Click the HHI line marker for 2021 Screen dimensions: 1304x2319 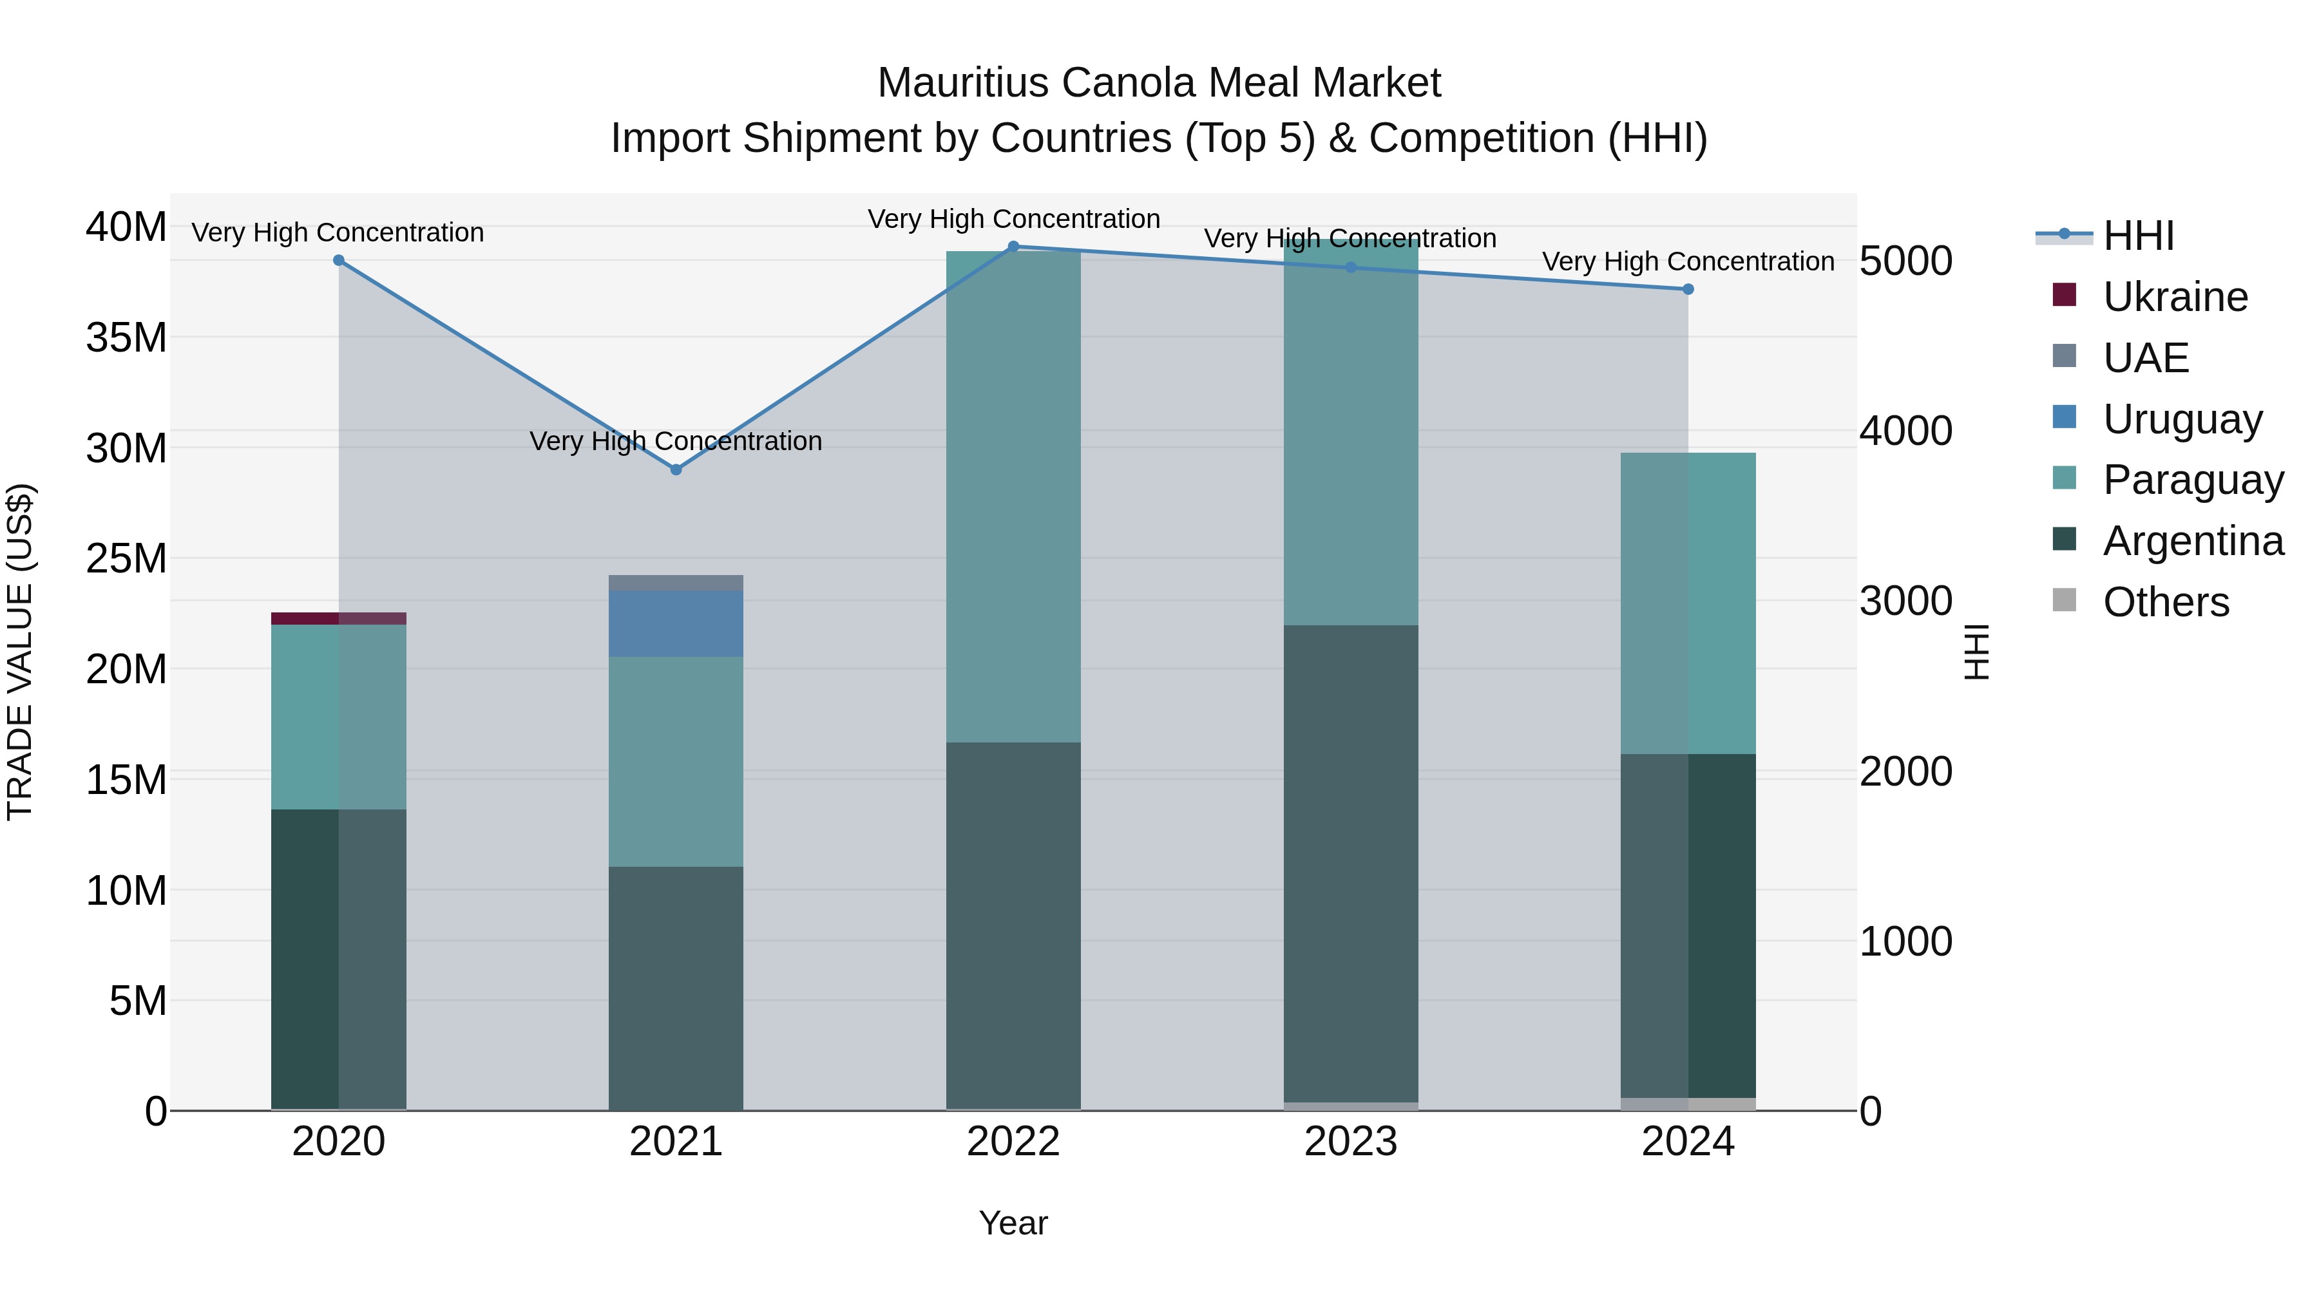tap(676, 470)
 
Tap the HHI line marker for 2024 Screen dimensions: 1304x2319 tap(1688, 289)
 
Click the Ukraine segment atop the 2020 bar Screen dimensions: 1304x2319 tap(338, 618)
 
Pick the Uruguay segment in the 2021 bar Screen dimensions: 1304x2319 tap(676, 623)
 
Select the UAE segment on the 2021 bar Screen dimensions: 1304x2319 tap(676, 582)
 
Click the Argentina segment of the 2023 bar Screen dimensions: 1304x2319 tap(1350, 864)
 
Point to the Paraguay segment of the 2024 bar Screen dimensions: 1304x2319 tap(1688, 603)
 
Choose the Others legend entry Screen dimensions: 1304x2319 tap(2165, 602)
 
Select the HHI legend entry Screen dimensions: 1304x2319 tap(2138, 236)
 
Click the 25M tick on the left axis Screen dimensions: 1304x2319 tap(126, 559)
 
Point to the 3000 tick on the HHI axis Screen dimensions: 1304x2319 tap(1906, 601)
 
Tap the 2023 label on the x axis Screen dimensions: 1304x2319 tap(1350, 1142)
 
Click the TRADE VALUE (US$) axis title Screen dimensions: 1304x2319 tap(20, 652)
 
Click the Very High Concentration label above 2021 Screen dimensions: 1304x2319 tap(676, 441)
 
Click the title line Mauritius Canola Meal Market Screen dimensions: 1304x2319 tap(1159, 83)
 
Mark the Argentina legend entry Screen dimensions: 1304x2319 tap(2192, 541)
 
